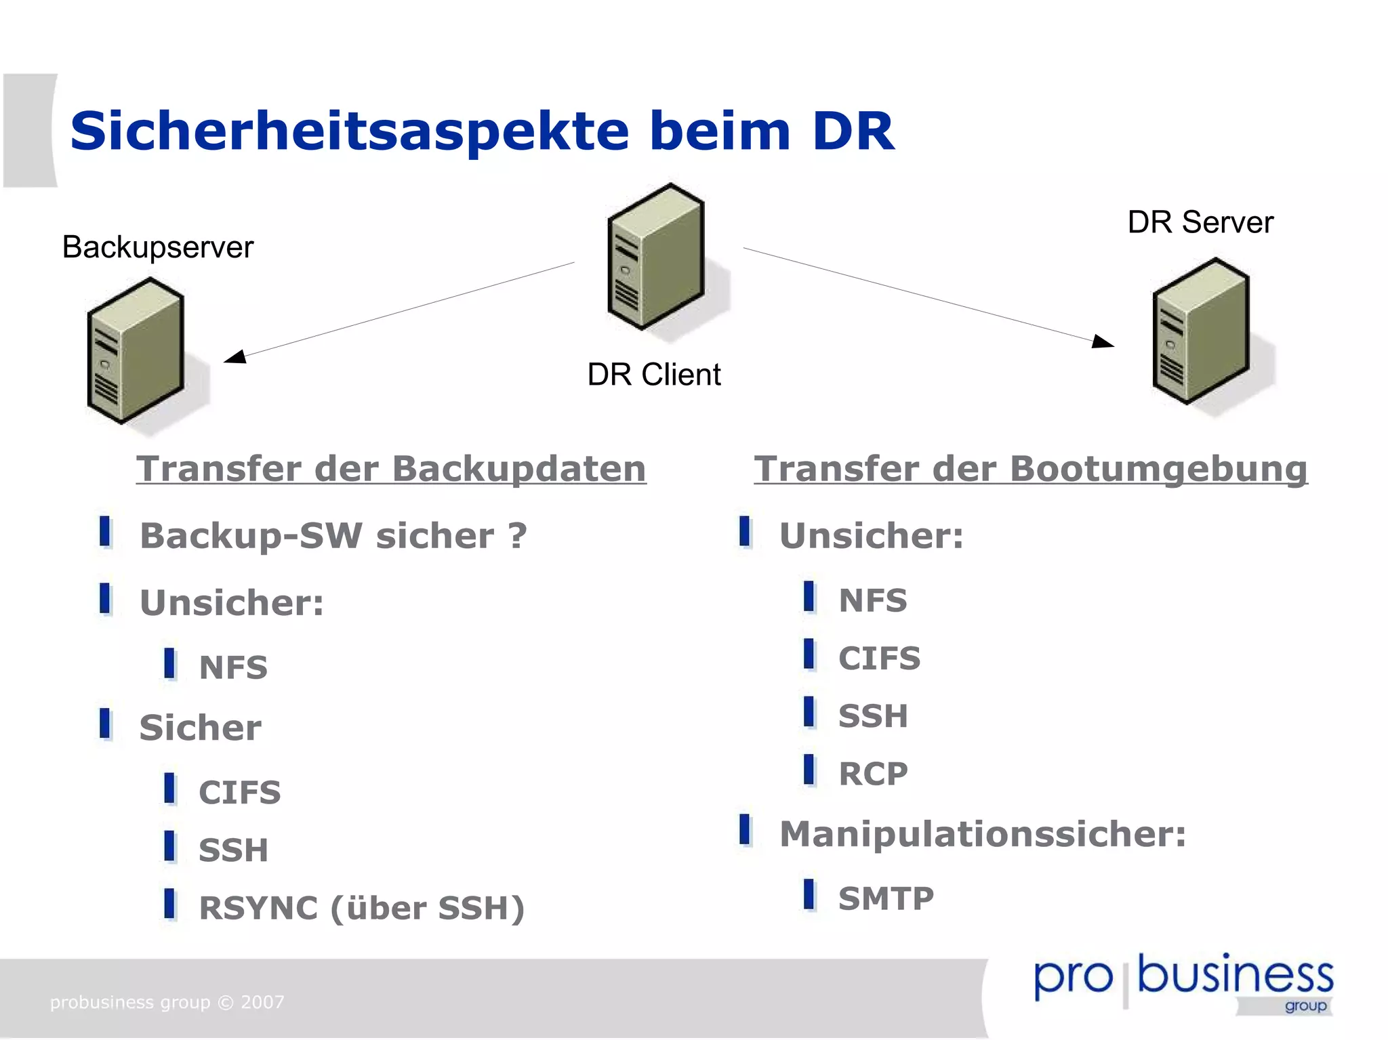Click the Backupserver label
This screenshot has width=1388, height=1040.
(x=157, y=247)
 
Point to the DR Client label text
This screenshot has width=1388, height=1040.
(x=653, y=375)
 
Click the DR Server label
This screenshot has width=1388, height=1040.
(x=1200, y=222)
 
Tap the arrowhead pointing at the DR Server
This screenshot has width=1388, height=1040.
(x=1103, y=341)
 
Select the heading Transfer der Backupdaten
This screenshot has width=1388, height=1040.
(x=391, y=469)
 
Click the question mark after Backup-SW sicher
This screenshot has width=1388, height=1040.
(x=518, y=536)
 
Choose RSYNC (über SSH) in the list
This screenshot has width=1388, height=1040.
(x=361, y=908)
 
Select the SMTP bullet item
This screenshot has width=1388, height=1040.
(x=886, y=899)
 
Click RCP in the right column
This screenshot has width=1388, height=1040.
(x=873, y=774)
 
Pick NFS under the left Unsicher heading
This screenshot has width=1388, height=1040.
(x=233, y=668)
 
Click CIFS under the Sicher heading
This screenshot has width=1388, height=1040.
(x=239, y=793)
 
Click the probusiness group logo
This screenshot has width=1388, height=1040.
(x=1183, y=982)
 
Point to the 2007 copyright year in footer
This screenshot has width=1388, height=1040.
(x=262, y=1002)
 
